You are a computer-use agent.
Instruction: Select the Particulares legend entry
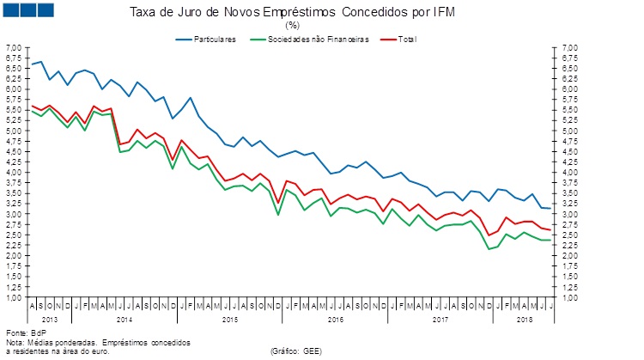[x=215, y=40]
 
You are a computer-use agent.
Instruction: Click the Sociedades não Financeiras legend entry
[x=319, y=40]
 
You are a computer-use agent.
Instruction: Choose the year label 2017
[x=440, y=319]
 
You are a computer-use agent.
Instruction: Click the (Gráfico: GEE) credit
[x=295, y=351]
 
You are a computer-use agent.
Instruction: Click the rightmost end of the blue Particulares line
[x=550, y=209]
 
